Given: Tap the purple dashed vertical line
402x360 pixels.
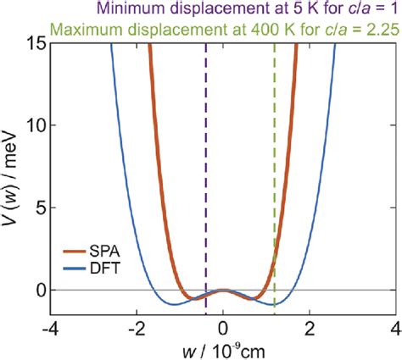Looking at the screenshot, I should (x=205, y=169).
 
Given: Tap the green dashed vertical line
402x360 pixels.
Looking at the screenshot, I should (x=274, y=169).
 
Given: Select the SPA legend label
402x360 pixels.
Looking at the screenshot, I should (x=110, y=251).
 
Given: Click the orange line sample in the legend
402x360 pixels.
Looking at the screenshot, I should (x=76, y=251).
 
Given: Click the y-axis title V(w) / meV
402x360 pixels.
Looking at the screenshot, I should (x=11, y=179).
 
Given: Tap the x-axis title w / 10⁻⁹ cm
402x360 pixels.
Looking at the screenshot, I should (x=222, y=350).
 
